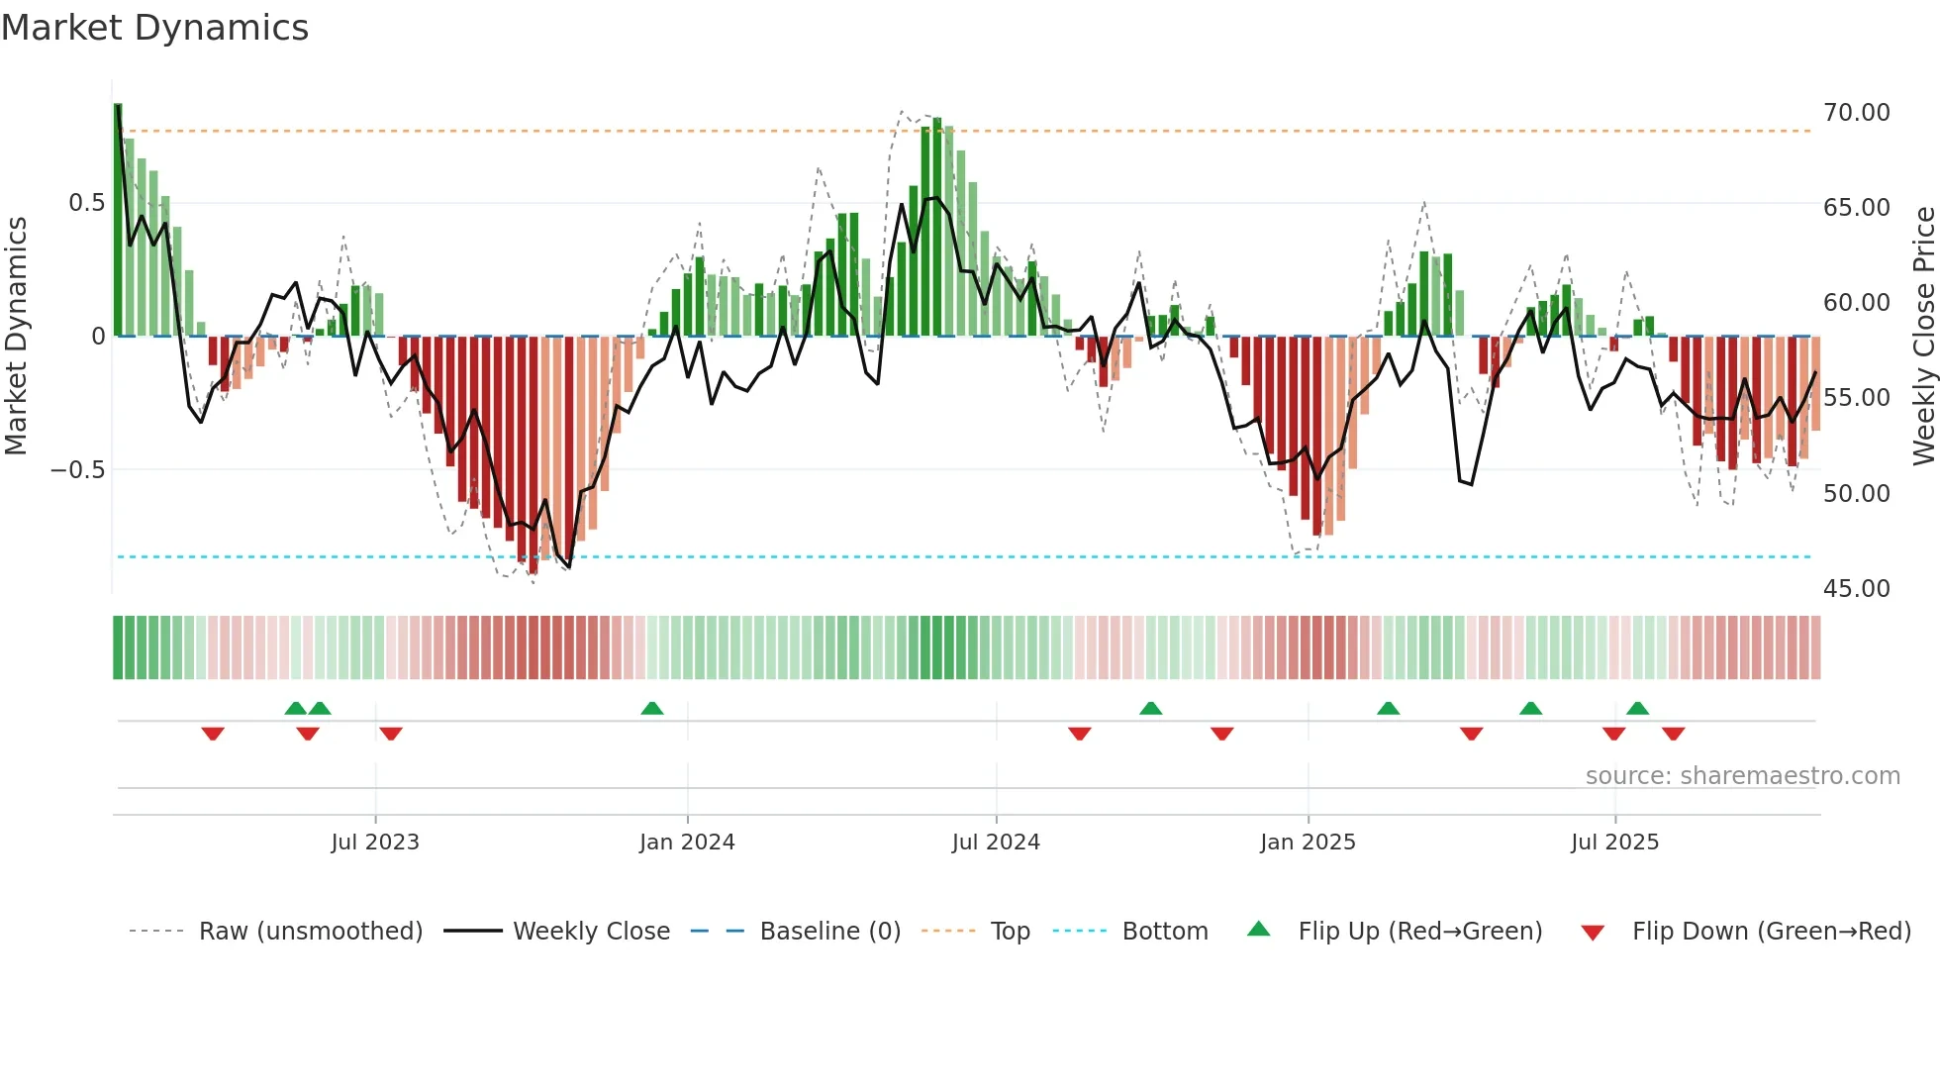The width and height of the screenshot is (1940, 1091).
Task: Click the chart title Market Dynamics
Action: pos(154,28)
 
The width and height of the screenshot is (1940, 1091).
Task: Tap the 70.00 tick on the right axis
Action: pos(1856,113)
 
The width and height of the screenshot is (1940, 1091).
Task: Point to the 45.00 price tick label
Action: pos(1856,589)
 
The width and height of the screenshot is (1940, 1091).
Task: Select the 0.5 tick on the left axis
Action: pos(86,203)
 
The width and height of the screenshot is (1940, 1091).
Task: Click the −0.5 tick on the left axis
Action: pos(78,470)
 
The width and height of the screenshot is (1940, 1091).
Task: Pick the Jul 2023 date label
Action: pos(375,843)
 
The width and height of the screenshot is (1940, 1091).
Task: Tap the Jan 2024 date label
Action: pos(687,843)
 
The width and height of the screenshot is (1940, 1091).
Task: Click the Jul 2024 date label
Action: pos(996,843)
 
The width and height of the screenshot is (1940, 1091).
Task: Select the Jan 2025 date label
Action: pos(1308,843)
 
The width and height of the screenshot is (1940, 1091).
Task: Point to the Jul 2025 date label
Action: pos(1614,843)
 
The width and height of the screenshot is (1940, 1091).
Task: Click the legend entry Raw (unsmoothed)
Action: pos(310,932)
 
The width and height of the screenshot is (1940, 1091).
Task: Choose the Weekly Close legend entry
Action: pos(591,932)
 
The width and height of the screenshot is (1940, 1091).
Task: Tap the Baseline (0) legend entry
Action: pos(829,932)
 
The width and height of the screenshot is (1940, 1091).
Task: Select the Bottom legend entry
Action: pos(1164,932)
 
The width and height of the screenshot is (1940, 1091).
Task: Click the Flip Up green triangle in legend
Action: pos(1258,929)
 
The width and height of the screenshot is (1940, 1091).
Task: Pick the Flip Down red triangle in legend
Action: pos(1593,933)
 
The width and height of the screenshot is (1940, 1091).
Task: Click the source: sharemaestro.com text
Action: pos(1742,776)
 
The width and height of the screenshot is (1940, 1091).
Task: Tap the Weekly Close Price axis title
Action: pos(1923,337)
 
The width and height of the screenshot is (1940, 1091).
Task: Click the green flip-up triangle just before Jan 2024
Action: pos(651,708)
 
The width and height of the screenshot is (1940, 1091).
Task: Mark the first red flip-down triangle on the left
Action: pos(213,734)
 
